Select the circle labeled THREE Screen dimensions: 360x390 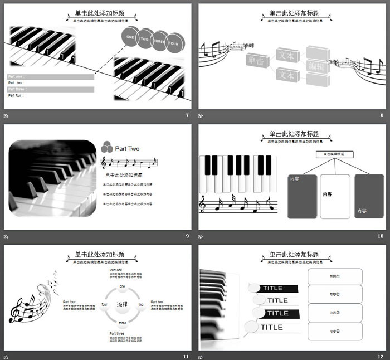pos(160,41)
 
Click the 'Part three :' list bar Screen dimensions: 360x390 pos(51,89)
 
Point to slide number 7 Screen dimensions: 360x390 pos(187,115)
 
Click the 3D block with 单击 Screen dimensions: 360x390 pos(258,63)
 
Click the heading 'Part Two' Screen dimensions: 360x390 pos(127,149)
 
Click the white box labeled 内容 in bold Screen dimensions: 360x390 pos(335,195)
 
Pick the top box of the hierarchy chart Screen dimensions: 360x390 pos(334,154)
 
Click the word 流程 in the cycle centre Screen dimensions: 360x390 pos(122,305)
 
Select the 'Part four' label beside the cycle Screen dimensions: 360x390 pos(69,301)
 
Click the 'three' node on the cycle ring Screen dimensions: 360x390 pos(122,323)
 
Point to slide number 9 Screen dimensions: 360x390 pos(187,236)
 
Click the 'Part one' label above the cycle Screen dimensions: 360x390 pos(116,270)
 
